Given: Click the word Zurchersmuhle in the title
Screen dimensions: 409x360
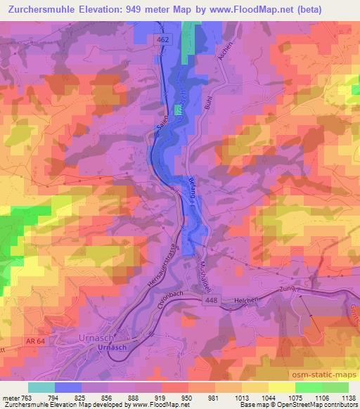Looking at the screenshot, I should click(50, 9).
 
